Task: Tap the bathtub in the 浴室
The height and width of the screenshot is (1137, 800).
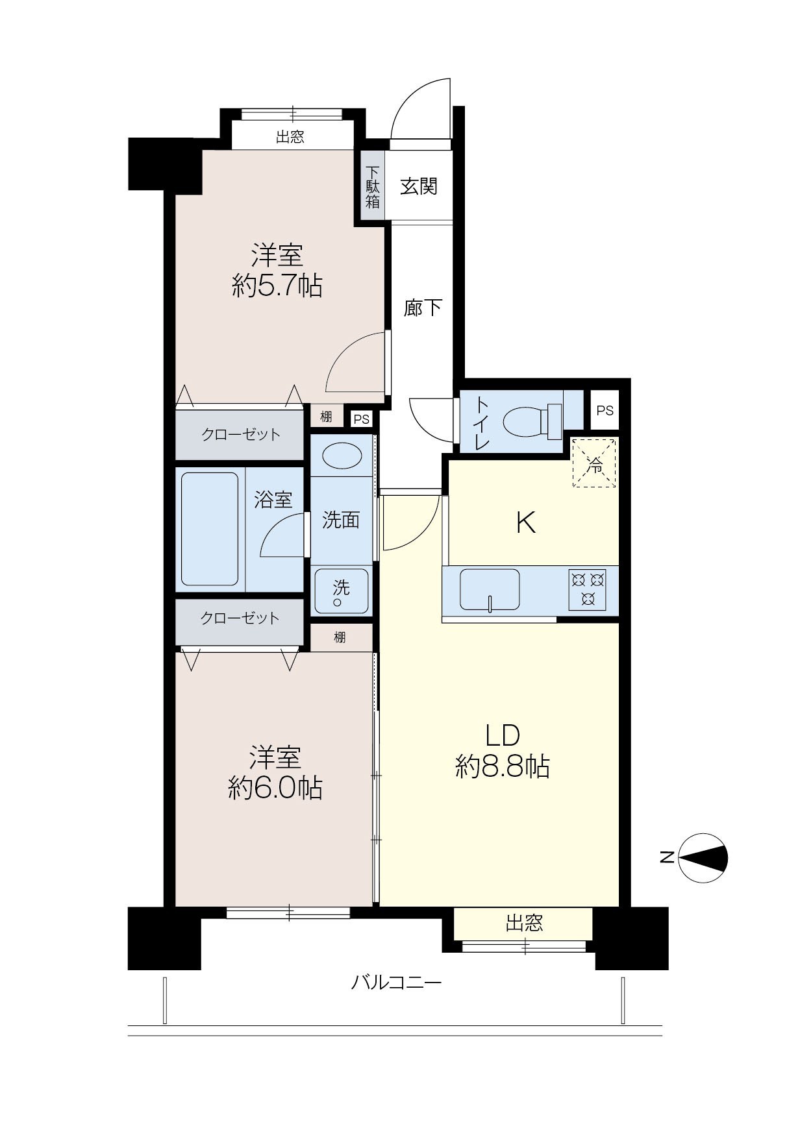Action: [x=210, y=529]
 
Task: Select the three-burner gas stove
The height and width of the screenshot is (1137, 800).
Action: [x=588, y=589]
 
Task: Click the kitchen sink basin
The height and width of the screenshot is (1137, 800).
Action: [x=490, y=589]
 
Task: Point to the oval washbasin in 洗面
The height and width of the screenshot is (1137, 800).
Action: [x=342, y=455]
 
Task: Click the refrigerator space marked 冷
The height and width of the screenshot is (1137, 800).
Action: [x=594, y=463]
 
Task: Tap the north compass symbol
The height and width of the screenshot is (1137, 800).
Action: [x=703, y=858]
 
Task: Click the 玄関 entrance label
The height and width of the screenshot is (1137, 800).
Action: [x=419, y=186]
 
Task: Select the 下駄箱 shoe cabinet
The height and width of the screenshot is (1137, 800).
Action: [x=373, y=186]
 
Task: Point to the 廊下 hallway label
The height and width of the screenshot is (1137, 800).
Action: [x=423, y=308]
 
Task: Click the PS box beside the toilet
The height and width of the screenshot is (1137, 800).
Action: [x=605, y=410]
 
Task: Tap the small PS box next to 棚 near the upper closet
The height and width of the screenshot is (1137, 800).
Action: [x=362, y=419]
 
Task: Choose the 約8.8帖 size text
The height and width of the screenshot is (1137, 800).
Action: [x=503, y=768]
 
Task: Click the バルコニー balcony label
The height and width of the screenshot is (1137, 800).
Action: [x=396, y=983]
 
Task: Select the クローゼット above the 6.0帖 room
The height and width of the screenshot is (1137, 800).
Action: [x=240, y=618]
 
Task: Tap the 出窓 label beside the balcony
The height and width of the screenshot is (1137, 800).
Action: [x=524, y=923]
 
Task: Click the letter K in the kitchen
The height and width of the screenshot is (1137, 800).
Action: [x=526, y=522]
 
